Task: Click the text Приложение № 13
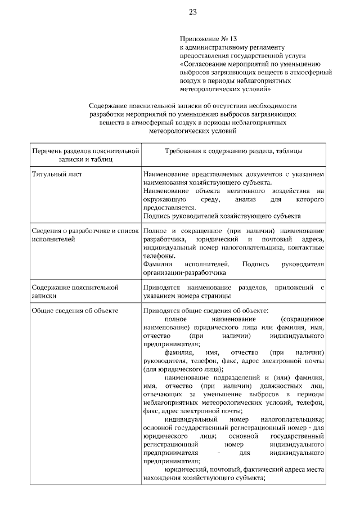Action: (x=203, y=39)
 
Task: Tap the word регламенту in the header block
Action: (x=258, y=47)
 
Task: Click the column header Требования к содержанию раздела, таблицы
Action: (x=233, y=151)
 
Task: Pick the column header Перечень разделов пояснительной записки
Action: (x=85, y=155)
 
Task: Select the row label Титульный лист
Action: (x=57, y=174)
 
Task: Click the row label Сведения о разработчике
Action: (x=73, y=231)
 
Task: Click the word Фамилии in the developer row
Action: (x=157, y=264)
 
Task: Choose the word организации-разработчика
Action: (x=184, y=272)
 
